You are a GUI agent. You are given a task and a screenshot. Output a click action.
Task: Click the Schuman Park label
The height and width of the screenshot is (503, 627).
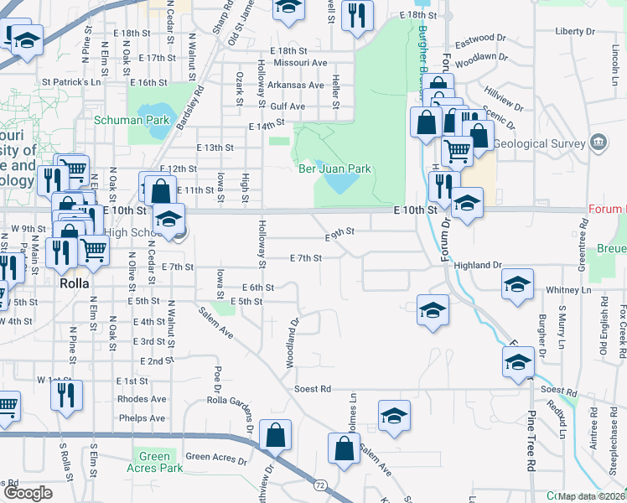(x=132, y=120)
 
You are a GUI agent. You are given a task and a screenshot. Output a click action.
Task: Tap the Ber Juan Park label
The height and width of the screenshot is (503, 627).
(x=335, y=169)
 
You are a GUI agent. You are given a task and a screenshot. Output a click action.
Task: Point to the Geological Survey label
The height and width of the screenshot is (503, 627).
(x=537, y=143)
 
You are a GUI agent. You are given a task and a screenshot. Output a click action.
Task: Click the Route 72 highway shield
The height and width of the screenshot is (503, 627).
(x=320, y=485)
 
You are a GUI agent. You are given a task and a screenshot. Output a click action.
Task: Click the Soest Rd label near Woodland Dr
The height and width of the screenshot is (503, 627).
(x=313, y=390)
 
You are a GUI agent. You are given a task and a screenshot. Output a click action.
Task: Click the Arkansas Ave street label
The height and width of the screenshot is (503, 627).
(x=296, y=86)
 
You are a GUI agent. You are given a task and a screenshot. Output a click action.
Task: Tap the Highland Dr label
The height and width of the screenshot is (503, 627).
(x=478, y=265)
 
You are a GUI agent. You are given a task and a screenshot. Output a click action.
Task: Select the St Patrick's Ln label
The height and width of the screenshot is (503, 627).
(x=70, y=82)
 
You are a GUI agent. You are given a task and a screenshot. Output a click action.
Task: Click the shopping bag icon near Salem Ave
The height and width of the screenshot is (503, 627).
(x=345, y=449)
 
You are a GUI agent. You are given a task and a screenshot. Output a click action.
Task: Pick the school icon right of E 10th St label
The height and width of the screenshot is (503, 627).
(x=467, y=204)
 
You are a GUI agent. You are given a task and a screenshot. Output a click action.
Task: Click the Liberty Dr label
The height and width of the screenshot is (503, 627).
(x=575, y=31)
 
